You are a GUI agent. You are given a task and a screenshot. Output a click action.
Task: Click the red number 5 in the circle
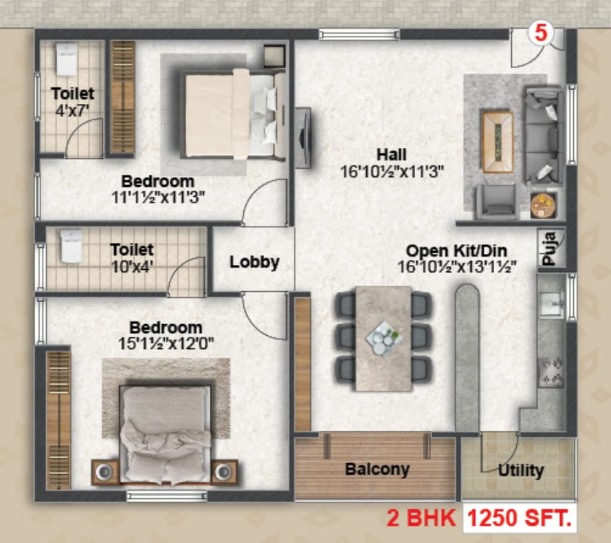[540, 33]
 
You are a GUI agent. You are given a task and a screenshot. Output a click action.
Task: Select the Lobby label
[254, 262]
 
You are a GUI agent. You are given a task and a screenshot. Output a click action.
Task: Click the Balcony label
[377, 469]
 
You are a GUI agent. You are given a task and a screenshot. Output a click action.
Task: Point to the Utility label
[520, 471]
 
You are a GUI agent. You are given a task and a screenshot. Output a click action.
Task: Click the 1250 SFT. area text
[520, 518]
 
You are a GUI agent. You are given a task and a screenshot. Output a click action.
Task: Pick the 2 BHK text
[421, 518]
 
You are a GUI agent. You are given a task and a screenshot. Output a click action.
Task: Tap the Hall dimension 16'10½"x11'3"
[392, 171]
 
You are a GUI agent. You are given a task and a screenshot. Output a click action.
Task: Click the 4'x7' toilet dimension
[72, 111]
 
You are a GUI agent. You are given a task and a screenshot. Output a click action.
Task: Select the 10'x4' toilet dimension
[132, 267]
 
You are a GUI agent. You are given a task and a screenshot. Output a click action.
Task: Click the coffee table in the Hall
[497, 142]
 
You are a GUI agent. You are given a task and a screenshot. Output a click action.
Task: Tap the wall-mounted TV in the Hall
[303, 138]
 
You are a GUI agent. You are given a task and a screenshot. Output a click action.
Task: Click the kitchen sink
[551, 303]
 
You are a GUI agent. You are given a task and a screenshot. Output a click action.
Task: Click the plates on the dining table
[383, 338]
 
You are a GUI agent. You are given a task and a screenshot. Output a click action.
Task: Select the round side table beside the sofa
[542, 206]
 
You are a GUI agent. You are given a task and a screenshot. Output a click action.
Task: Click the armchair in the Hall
[496, 201]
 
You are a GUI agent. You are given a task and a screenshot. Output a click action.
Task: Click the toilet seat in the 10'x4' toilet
[71, 246]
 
